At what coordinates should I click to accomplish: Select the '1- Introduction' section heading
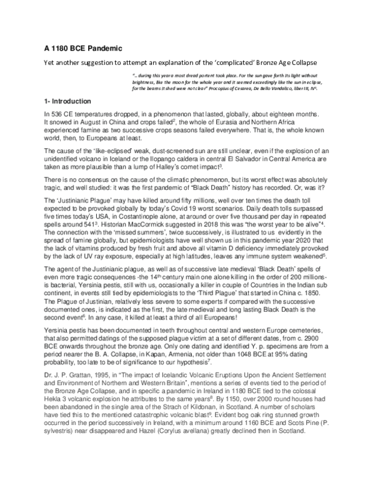click(67, 101)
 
